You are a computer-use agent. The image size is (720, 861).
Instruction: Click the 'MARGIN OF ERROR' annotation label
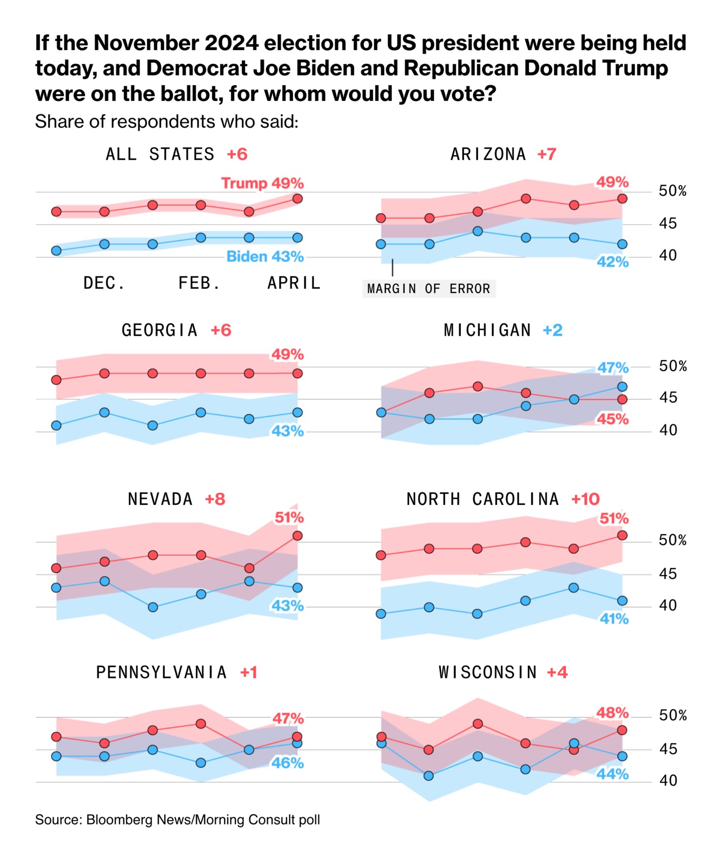pyautogui.click(x=428, y=289)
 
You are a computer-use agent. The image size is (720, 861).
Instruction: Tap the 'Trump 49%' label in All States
pyautogui.click(x=262, y=183)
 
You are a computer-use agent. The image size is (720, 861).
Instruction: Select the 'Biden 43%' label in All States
pyautogui.click(x=265, y=257)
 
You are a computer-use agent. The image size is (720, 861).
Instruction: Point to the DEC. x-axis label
pyautogui.click(x=104, y=283)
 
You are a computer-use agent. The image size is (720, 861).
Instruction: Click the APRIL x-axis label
pyautogui.click(x=294, y=283)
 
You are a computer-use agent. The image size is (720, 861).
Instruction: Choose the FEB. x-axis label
pyautogui.click(x=199, y=283)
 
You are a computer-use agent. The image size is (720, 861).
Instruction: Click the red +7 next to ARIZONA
pyautogui.click(x=547, y=154)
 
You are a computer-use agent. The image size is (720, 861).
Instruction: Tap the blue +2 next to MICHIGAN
pyautogui.click(x=552, y=330)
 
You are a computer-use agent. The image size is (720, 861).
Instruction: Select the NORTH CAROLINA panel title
pyautogui.click(x=483, y=499)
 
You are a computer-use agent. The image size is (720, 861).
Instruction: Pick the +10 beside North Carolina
pyautogui.click(x=585, y=499)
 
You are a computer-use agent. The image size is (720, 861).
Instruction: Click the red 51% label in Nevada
pyautogui.click(x=289, y=518)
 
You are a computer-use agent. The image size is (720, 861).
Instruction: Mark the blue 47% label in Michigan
pyautogui.click(x=613, y=368)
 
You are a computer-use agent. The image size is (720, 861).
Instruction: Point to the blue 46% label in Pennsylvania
pyautogui.click(x=287, y=763)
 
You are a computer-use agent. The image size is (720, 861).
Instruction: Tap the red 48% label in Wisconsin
pyautogui.click(x=612, y=713)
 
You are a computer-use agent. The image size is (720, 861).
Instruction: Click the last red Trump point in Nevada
pyautogui.click(x=298, y=535)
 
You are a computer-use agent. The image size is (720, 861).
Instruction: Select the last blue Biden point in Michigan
pyautogui.click(x=622, y=386)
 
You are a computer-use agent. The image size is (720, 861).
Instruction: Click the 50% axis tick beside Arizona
pyautogui.click(x=672, y=191)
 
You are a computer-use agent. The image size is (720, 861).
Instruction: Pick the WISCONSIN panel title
pyautogui.click(x=488, y=672)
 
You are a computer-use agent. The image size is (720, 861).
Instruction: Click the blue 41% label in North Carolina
pyautogui.click(x=614, y=619)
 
